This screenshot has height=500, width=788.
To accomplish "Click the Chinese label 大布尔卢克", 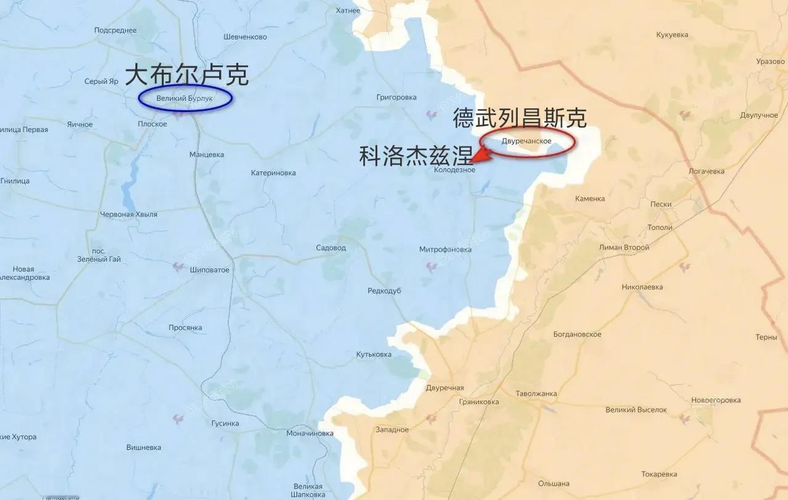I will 187,75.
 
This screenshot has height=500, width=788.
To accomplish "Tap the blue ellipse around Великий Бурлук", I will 185,99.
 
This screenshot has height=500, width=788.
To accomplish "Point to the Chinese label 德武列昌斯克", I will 520,118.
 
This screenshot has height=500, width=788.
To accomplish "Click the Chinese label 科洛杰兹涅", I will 416,156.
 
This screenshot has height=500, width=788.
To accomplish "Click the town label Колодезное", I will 454,170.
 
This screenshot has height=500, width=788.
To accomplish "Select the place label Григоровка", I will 396,97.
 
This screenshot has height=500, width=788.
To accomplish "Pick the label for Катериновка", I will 273,173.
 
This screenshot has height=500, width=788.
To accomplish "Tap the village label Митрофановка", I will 445,249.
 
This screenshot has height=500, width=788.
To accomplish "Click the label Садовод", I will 331,248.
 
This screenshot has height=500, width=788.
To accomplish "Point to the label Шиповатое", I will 209,270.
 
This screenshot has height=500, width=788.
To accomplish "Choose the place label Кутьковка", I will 374,355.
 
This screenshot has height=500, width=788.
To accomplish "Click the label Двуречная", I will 444,388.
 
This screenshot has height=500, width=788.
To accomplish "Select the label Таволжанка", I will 536,393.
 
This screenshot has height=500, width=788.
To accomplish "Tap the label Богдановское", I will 577,334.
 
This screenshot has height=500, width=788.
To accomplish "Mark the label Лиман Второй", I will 624,248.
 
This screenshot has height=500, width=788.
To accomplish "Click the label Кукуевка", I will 672,35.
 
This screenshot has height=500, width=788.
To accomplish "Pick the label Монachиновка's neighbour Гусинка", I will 225,424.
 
